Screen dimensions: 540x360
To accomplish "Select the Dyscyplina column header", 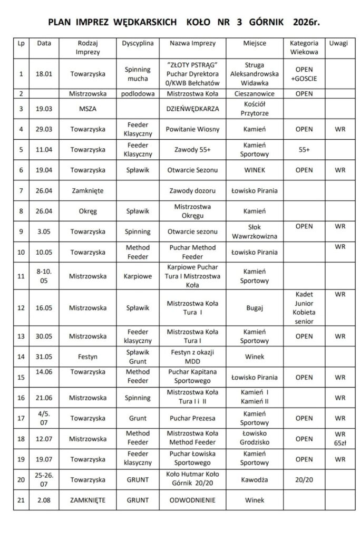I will coord(138,43).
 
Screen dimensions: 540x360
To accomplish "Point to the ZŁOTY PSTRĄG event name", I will coord(193,64).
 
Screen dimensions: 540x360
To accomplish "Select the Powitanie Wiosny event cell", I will coord(193,128).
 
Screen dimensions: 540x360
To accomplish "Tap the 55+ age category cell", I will coord(304,150).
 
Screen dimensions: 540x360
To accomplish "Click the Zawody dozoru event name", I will coord(193,190).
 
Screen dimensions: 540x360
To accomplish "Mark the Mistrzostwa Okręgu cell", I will coord(193,211).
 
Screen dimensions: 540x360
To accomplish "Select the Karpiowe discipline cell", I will coord(138,275).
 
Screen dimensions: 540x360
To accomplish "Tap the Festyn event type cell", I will coord(85,356).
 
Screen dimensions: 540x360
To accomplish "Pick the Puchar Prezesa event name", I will coord(193,419).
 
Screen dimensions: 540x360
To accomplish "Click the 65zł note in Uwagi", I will coord(340,443).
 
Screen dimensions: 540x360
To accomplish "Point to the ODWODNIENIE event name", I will coord(193,500).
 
